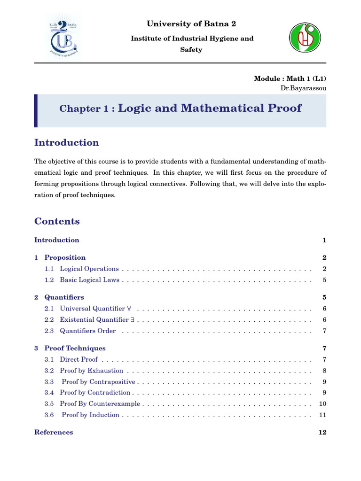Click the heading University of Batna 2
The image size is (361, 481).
191,24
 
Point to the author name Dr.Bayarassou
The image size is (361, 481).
303,88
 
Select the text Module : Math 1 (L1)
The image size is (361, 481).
290,78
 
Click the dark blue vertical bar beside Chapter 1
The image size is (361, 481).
36,110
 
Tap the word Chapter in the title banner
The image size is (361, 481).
77,109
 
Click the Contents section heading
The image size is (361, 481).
57,221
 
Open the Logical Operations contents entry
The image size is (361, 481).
89,269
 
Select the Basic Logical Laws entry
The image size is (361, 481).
89,280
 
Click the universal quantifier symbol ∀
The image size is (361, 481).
129,309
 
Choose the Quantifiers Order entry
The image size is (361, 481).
87,331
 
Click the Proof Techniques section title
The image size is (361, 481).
75,348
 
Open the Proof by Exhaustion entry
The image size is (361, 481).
91,371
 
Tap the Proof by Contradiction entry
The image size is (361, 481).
95,392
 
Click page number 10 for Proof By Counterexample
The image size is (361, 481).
322,404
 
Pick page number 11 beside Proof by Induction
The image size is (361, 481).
322,415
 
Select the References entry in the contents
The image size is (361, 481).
54,432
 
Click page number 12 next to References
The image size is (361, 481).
322,432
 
